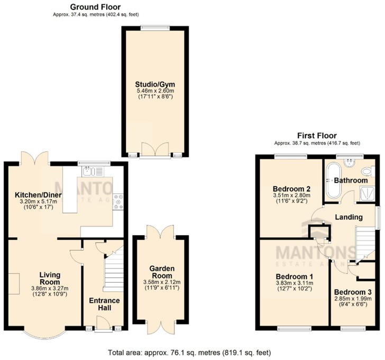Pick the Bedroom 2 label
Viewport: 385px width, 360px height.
(x=291, y=189)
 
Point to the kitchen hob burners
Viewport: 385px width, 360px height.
(x=119, y=201)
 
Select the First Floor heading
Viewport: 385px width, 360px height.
(x=317, y=136)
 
